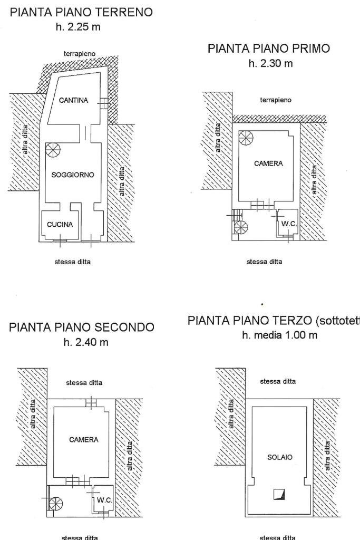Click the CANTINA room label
point(73,100)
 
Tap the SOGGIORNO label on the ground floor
point(73,175)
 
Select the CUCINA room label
point(60,225)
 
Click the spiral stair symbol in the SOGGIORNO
point(53,151)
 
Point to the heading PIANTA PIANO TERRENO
point(82,12)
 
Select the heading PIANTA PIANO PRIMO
point(269,49)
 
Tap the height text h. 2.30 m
point(270,63)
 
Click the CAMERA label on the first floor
point(268,163)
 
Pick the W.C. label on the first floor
point(289,224)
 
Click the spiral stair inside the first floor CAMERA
point(246,138)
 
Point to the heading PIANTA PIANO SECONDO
point(82,327)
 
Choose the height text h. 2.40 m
point(86,342)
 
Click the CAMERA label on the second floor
point(84,440)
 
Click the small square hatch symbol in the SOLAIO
point(279,494)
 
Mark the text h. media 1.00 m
point(279,335)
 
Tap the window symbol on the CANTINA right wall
point(105,103)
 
